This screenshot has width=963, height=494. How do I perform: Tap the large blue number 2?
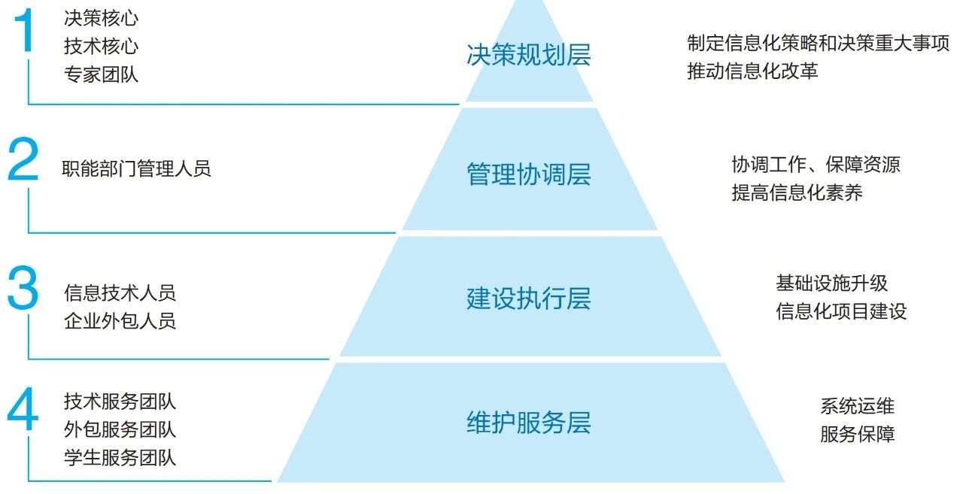pos(23,161)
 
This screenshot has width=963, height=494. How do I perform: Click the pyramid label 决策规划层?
pos(528,55)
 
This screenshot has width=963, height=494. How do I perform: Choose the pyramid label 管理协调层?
pos(528,174)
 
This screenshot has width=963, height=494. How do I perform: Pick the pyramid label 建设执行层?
pos(528,299)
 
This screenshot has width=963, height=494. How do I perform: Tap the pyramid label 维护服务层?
pos(528,423)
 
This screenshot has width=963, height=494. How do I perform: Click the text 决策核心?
pos(102,18)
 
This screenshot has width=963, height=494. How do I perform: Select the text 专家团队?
pos(102,74)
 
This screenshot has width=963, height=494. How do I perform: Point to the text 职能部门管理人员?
pos(136,168)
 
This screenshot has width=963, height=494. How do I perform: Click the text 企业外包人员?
pos(120,321)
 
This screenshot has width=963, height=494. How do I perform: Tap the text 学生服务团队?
pos(120,458)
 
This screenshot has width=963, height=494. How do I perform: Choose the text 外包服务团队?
pos(120,430)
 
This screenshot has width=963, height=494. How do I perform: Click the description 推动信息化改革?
pos(752,71)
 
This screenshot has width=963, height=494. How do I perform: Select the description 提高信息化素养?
pos(797,192)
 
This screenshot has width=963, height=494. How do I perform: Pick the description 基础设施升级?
pos(832,283)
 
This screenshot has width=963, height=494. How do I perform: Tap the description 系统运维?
pos(857,407)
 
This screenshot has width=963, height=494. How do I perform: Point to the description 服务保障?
pos(857,435)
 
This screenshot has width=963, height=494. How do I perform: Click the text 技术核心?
pos(102,47)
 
